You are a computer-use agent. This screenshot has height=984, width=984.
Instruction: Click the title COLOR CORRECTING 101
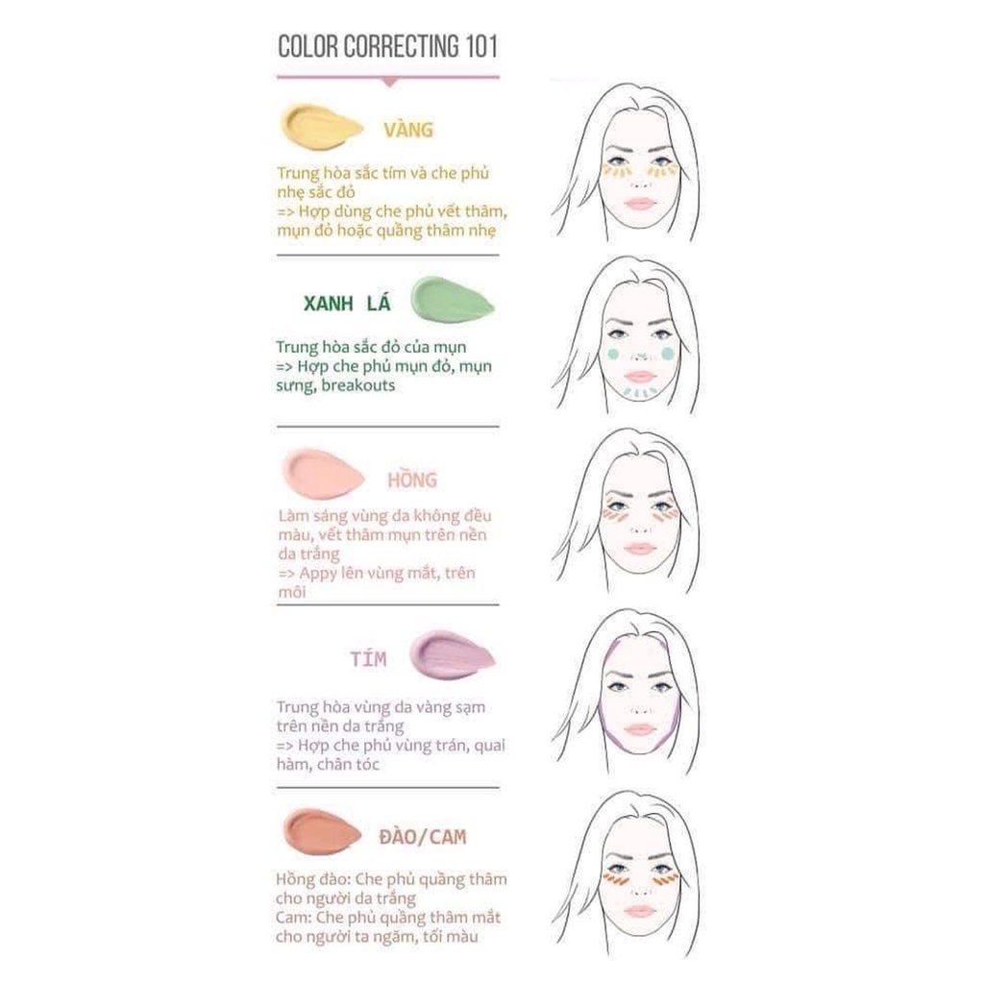[388, 46]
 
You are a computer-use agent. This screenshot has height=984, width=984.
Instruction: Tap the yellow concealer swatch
[321, 128]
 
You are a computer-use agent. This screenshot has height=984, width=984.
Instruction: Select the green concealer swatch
[452, 300]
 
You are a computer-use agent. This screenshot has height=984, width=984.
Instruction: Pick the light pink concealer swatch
[323, 474]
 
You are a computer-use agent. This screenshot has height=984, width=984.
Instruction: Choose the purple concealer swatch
[452, 655]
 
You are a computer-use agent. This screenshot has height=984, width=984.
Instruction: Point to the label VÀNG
[408, 130]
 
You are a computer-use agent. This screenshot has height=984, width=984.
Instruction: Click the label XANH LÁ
[347, 303]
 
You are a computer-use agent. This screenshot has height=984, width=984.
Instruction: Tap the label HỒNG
[411, 480]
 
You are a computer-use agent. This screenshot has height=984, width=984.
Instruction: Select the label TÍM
[368, 658]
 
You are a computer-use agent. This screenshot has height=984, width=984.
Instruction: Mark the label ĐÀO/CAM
[423, 837]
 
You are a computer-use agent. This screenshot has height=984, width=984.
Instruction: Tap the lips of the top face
[639, 204]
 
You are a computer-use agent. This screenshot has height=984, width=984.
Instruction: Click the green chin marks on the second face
[640, 393]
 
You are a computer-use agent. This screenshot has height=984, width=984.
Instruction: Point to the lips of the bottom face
[640, 910]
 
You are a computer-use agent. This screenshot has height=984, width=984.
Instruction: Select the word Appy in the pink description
[317, 574]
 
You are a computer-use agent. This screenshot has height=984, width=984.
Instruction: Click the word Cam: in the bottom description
[293, 918]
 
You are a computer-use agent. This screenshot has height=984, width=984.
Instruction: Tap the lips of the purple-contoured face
[640, 729]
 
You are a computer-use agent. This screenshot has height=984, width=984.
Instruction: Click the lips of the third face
[639, 549]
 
